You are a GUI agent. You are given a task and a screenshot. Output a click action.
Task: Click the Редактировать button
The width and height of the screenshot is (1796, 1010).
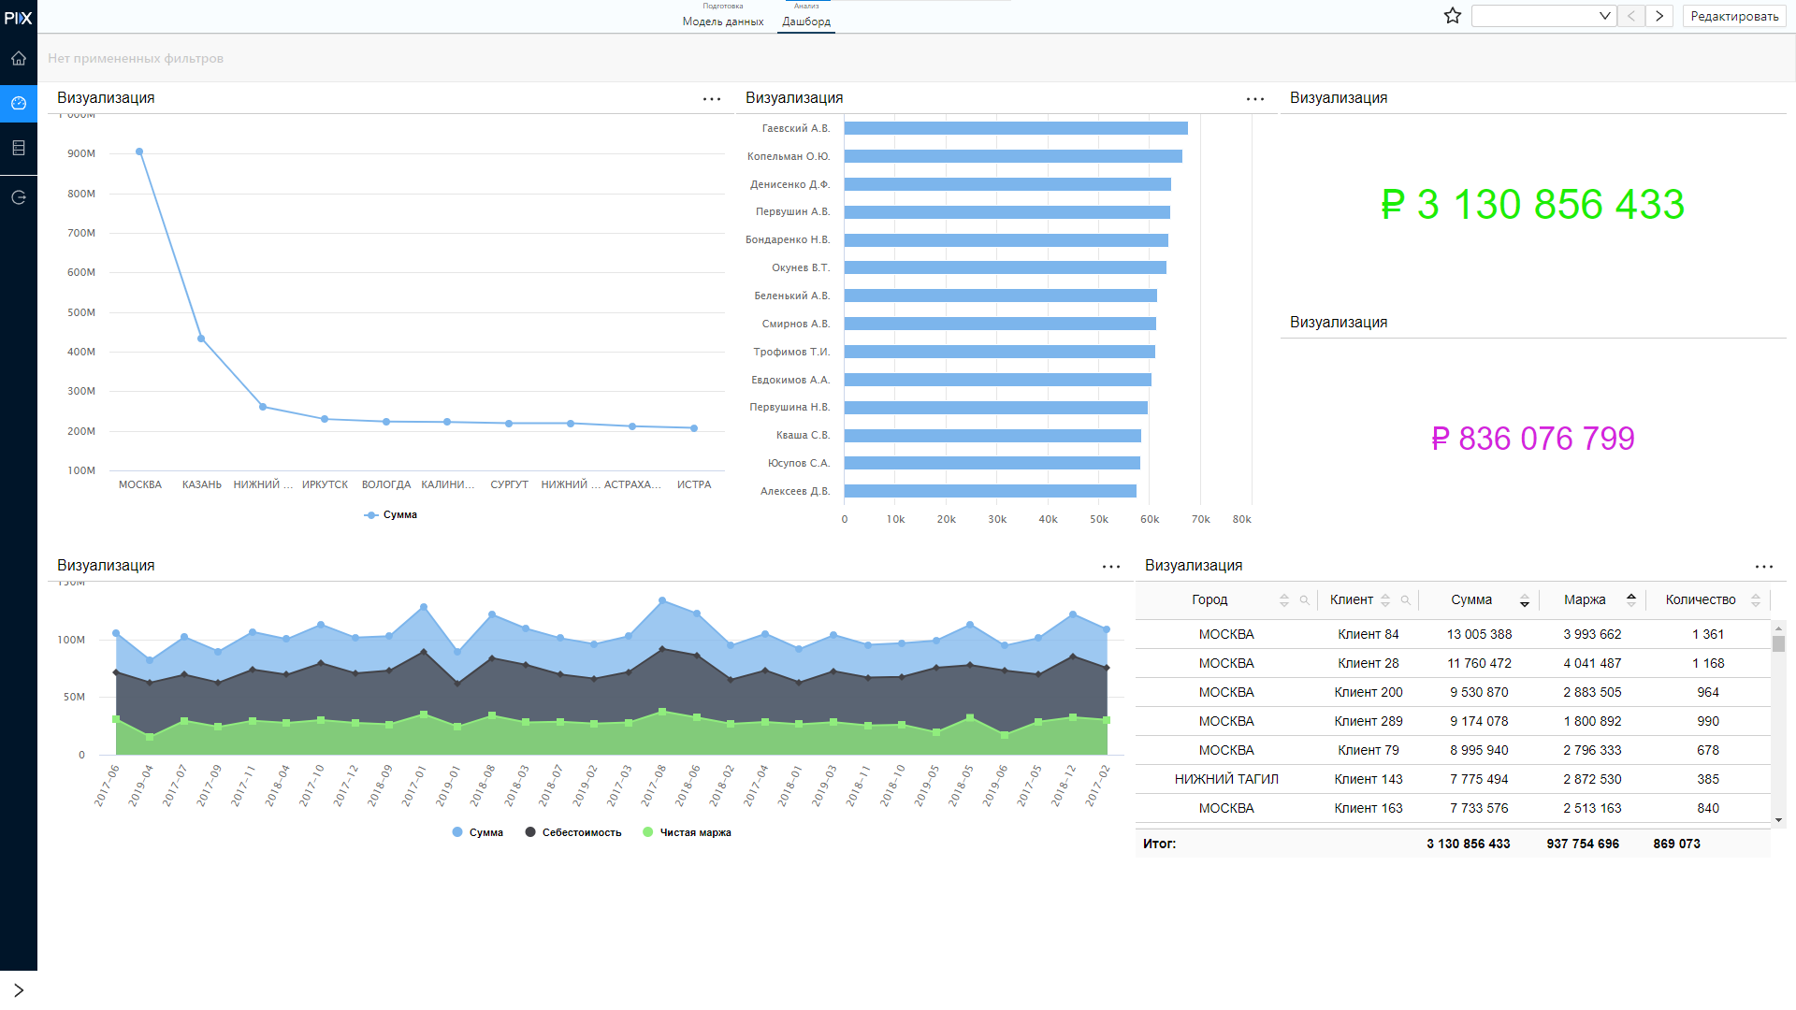coord(1734,16)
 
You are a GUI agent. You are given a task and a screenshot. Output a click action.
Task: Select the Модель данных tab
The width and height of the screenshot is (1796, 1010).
coord(723,22)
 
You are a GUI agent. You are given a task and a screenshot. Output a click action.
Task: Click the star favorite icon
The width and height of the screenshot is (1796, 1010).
coord(1453,16)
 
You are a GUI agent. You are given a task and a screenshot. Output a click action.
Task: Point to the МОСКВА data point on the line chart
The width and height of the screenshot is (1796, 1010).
coord(139,151)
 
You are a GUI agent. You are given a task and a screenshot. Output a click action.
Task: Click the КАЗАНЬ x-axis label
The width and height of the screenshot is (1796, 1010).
coord(202,484)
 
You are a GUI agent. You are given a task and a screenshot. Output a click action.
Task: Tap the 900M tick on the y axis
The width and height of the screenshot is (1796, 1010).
coord(81,153)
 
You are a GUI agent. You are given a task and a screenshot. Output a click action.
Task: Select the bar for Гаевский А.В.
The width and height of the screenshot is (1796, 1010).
coord(1016,128)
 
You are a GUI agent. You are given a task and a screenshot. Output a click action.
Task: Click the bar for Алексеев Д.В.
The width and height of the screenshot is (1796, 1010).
coord(991,491)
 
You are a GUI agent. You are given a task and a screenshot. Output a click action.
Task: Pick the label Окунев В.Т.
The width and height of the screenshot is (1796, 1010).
coord(801,267)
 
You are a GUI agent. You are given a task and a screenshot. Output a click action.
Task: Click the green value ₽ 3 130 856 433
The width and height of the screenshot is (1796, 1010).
coord(1532,205)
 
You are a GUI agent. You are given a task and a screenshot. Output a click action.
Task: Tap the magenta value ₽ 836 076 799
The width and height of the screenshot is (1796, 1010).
coord(1532,439)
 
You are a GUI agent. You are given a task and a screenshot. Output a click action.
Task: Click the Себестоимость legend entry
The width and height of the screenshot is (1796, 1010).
coord(573,832)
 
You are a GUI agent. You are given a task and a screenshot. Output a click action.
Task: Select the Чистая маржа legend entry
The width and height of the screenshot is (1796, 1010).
coord(688,832)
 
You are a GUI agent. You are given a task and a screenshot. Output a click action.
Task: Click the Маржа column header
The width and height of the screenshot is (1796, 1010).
coord(1585,600)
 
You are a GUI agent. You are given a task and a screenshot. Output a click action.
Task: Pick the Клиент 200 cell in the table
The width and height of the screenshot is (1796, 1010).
coord(1369,692)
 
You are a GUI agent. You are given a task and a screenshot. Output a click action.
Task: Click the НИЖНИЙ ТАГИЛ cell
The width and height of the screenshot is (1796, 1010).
coord(1226,779)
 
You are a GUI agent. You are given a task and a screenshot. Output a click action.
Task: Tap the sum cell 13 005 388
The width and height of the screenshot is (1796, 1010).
coord(1479,634)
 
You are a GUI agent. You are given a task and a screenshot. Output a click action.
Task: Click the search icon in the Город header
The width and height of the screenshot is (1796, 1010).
coord(1304,600)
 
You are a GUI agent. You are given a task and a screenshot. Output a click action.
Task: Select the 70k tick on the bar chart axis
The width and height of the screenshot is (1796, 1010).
coord(1201,519)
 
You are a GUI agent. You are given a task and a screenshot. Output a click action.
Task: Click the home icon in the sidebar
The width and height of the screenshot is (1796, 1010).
coord(19,58)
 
